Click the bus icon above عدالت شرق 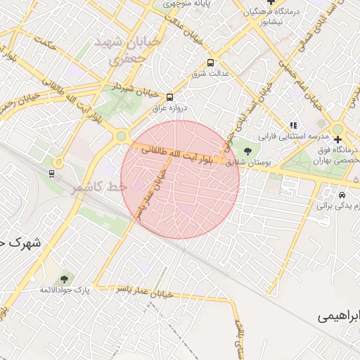click(211, 62)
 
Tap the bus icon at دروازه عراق click(169, 98)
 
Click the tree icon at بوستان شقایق click(246, 151)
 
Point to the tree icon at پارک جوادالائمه click(65, 279)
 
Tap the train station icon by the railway click(51, 173)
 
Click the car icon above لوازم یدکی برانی click(342, 194)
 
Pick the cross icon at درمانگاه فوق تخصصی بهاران click(337, 139)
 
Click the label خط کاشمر click(98, 186)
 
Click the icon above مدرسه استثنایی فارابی click(294, 124)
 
